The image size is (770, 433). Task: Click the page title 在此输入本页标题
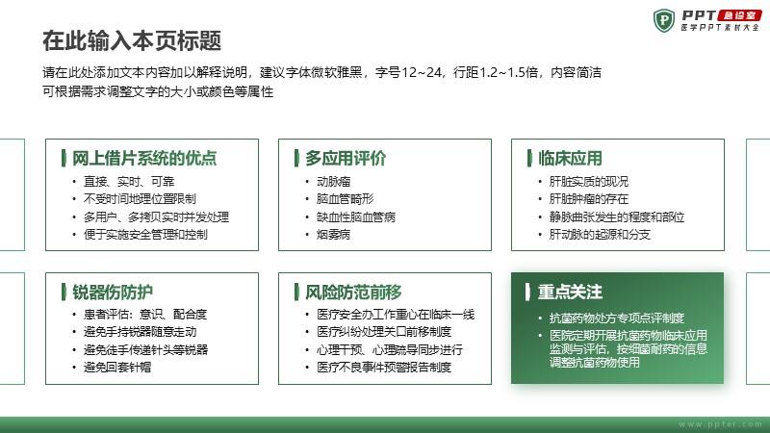coord(132,40)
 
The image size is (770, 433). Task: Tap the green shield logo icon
coord(664,20)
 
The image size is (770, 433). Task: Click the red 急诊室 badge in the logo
coord(739,15)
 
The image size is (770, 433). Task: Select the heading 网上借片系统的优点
coord(144,158)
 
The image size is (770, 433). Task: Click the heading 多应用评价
coord(346,158)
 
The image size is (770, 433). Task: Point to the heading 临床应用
coord(570,158)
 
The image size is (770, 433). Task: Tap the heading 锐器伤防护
coord(113,293)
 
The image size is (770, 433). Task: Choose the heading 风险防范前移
coord(353,293)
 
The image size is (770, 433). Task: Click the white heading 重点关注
coord(570,293)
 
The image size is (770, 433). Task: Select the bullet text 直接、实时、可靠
coord(129,182)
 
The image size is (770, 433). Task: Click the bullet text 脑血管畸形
coord(346,199)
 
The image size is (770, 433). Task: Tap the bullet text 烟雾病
coord(333,235)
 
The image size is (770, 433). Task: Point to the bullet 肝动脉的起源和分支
coord(600,235)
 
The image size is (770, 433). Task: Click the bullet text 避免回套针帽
coord(117,368)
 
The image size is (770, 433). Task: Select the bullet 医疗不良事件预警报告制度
coord(384,368)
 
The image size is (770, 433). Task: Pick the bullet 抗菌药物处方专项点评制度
coord(617,318)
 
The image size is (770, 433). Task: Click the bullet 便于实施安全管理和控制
coord(145,235)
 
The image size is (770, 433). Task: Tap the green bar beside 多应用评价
coord(296,158)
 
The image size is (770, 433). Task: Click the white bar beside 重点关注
coord(527,292)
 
